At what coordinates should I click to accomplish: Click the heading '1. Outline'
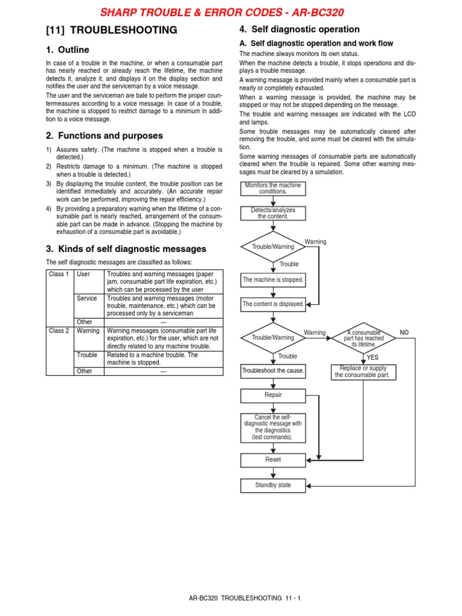click(67, 50)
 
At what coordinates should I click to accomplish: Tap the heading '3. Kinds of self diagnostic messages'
click(126, 248)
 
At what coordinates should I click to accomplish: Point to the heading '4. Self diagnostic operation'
click(300, 29)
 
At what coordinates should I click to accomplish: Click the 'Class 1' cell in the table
click(59, 274)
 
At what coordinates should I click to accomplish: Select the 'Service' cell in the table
click(87, 298)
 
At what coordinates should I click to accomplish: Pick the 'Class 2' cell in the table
click(59, 330)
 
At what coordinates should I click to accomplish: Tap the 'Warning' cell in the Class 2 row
click(88, 330)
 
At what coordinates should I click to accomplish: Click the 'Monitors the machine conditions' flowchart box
click(273, 188)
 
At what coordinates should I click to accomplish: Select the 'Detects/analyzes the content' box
click(273, 213)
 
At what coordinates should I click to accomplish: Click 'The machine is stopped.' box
click(273, 280)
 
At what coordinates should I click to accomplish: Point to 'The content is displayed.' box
click(273, 304)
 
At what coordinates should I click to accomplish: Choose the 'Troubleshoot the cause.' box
click(273, 371)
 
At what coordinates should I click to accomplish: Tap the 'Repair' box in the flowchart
click(273, 395)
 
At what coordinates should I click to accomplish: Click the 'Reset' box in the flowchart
click(273, 460)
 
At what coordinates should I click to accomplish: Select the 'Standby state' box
click(273, 485)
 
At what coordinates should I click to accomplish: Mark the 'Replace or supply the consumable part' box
click(363, 372)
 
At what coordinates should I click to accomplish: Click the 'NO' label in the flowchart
click(404, 333)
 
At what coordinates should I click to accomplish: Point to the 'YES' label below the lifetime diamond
click(373, 357)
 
